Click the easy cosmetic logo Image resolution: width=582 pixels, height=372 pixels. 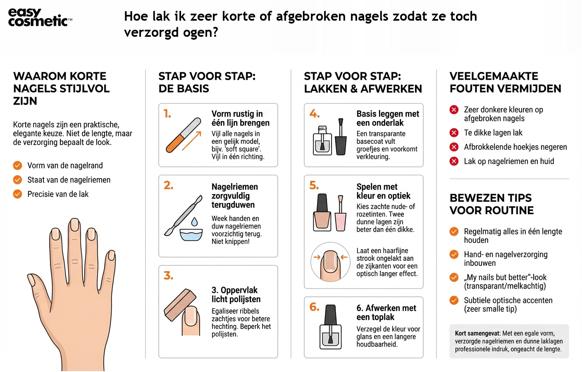pyautogui.click(x=40, y=17)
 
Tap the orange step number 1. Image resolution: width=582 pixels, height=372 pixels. pyautogui.click(x=167, y=114)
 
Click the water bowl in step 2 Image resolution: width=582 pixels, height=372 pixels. pyautogui.click(x=191, y=234)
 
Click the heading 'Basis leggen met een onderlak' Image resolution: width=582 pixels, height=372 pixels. pyautogui.click(x=387, y=118)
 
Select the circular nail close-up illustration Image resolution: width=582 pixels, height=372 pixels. pyautogui.click(x=330, y=262)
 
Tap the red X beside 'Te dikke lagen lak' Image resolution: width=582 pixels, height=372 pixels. pyautogui.click(x=454, y=133)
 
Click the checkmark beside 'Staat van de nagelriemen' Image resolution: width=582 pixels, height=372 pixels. pyautogui.click(x=17, y=180)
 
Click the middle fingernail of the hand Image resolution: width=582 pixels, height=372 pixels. pyautogui.click(x=74, y=226)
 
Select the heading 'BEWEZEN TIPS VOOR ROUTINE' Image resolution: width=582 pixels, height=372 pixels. pyautogui.click(x=491, y=204)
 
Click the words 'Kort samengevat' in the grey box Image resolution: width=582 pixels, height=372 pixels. pyautogui.click(x=477, y=334)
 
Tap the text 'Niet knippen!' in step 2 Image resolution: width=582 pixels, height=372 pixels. pyautogui.click(x=230, y=242)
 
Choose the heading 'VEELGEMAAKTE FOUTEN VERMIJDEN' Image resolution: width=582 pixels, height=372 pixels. pyautogui.click(x=505, y=82)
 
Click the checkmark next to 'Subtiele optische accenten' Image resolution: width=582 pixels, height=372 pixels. pyautogui.click(x=454, y=300)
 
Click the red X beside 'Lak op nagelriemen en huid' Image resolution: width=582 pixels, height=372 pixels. pyautogui.click(x=454, y=161)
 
